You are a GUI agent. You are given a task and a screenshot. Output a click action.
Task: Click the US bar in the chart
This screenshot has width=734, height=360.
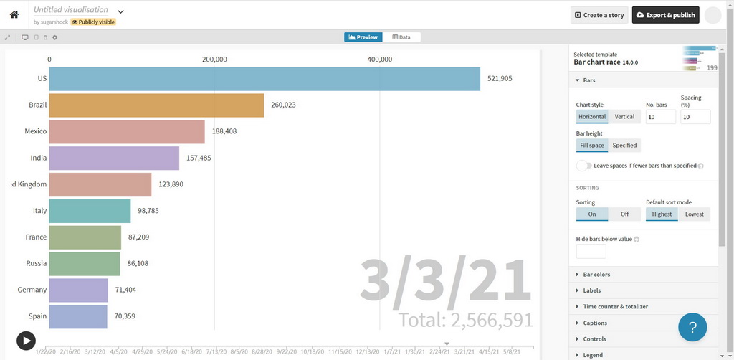click(x=264, y=79)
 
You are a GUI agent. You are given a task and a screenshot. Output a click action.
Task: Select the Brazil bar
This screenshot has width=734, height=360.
click(x=156, y=105)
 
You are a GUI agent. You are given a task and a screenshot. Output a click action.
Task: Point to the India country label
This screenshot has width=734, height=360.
click(x=39, y=158)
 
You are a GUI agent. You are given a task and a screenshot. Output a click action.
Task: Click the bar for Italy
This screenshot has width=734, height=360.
click(x=90, y=211)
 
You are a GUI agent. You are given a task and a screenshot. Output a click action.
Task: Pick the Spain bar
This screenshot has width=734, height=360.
click(x=78, y=316)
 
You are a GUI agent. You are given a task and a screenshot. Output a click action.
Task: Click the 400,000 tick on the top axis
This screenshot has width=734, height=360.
click(x=380, y=60)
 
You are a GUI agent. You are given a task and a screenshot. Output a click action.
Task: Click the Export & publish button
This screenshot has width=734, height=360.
click(x=665, y=15)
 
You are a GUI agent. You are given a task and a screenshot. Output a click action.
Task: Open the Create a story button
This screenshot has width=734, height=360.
click(x=599, y=15)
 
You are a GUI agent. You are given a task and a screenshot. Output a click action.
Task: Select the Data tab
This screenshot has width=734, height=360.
click(x=401, y=37)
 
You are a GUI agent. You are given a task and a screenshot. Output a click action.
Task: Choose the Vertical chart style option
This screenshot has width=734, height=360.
click(x=624, y=117)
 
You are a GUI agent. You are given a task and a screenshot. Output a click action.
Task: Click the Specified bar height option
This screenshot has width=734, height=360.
click(x=624, y=146)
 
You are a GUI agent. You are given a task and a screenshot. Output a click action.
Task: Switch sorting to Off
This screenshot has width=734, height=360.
click(x=624, y=214)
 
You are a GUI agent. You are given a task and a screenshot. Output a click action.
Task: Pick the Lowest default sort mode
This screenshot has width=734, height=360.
click(x=694, y=214)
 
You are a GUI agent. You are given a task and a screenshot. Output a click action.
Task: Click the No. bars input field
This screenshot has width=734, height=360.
click(x=660, y=117)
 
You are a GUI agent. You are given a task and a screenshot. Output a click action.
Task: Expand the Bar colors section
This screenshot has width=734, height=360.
click(x=596, y=275)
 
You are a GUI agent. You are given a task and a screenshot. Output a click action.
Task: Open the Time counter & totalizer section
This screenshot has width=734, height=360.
click(x=615, y=307)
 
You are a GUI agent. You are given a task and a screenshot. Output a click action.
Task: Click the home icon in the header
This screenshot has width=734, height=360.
click(x=14, y=14)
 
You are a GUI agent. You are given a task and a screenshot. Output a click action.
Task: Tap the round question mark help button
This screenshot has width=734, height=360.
click(x=692, y=327)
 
